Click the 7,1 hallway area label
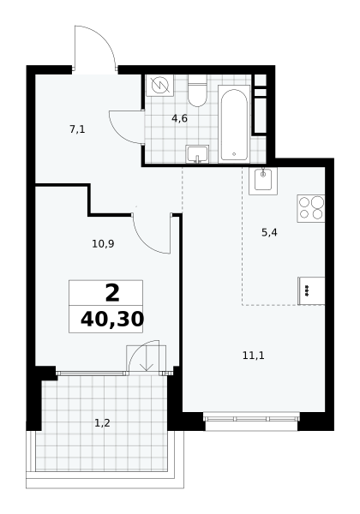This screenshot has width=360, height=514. point(77,129)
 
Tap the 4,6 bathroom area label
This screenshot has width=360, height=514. point(180,118)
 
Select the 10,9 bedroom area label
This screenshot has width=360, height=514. point(103,244)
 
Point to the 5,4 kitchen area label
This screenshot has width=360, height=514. point(269,233)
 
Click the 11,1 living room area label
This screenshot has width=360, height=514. point(254,356)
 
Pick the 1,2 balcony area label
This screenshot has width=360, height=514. point(102,423)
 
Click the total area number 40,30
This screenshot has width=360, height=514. point(112,320)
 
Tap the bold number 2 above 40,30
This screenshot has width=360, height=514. point(112,293)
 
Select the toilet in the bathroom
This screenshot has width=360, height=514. point(197,91)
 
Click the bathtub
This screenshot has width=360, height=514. point(234,123)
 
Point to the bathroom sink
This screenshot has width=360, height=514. point(197,154)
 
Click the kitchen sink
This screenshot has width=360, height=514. point(263,181)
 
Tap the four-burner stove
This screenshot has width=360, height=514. point(311,208)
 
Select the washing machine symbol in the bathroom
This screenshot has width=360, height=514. point(159,85)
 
